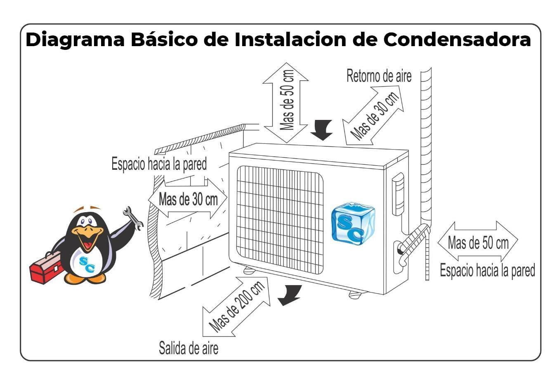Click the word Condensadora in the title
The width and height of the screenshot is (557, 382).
457,40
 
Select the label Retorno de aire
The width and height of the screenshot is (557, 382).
379,76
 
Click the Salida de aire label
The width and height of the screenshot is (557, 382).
189,348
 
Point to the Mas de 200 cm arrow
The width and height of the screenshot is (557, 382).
236,307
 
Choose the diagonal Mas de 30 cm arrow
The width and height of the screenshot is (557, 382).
374,115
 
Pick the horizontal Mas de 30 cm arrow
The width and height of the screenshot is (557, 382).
188,199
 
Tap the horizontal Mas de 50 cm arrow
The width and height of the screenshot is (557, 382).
478,242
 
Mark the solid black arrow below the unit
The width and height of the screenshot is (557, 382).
290,294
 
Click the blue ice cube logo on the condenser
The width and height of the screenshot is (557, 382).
353,223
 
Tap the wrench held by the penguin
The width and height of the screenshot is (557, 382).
134,218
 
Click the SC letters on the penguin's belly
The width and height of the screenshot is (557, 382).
87,264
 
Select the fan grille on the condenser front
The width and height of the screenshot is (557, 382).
280,219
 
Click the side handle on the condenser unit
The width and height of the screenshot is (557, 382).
398,194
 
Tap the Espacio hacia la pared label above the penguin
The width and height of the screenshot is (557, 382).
159,164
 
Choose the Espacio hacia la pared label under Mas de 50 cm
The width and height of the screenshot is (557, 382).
487,271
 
